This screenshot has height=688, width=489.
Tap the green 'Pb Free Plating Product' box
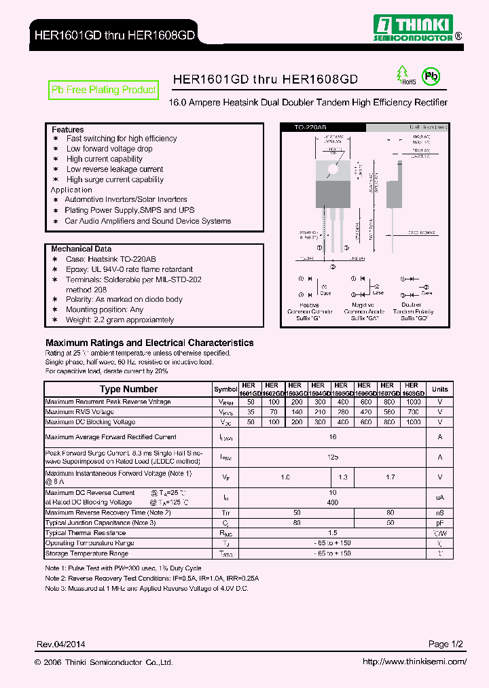103,90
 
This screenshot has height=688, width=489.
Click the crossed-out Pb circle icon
431,76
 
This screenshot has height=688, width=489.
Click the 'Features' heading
68,129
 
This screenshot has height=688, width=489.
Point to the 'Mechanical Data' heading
81,249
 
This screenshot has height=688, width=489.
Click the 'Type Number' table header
128,389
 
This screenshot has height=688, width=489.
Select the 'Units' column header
440,389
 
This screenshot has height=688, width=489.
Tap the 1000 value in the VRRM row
412,402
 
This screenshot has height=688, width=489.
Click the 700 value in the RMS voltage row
412,412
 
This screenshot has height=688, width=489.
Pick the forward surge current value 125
333,458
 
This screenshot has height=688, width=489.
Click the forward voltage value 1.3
343,477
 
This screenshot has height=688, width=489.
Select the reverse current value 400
333,502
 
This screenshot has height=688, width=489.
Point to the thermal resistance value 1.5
333,533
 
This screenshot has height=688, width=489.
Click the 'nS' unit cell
440,513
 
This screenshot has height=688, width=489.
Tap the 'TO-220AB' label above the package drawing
310,127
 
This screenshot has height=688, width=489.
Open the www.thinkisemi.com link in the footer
413,661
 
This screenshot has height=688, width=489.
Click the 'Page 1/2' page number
446,644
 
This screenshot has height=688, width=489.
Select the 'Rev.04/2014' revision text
61,644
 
